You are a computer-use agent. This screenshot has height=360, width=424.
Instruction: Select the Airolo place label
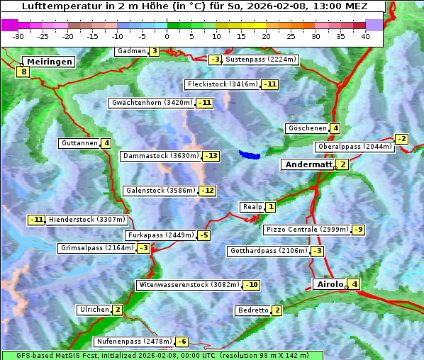pos(329,284)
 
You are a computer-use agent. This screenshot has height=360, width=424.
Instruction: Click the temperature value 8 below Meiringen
pos(23,72)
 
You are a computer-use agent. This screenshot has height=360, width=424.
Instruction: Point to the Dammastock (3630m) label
pos(160,156)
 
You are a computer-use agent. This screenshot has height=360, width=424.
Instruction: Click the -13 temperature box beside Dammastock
pos(211,156)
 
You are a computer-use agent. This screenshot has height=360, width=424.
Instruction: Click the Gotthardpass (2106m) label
pos(268,251)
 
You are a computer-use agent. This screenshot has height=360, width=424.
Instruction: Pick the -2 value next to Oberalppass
pos(401,139)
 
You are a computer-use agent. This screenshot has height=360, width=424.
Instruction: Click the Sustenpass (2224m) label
pos(261,60)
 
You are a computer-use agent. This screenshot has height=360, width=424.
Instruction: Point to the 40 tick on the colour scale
pos(365,36)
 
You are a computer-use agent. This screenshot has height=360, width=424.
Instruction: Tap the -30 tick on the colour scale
pos(18,36)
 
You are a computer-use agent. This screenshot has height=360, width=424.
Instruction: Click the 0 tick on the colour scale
pos(167,36)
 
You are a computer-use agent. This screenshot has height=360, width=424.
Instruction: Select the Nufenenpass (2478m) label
pos(133,342)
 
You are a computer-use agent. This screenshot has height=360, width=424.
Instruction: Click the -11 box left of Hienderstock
pos(36,220)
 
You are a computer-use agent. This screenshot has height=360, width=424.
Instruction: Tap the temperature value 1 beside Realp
pos(270,207)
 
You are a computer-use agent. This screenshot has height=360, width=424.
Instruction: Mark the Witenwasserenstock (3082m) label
pos(189,285)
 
